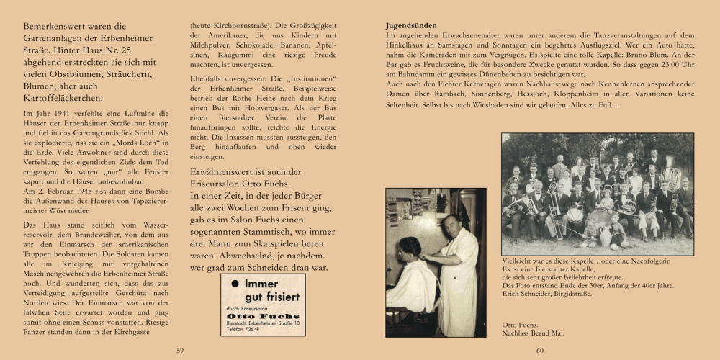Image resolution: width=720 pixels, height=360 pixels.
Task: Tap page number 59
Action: coord(181,350)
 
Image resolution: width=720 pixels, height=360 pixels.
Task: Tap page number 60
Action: coord(539,350)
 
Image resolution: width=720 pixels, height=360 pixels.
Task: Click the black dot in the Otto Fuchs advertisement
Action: coord(235,284)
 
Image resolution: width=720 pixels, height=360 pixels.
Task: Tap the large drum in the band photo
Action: coord(599,217)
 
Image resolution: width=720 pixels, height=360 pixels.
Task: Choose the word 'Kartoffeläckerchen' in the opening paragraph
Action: coord(63,98)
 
